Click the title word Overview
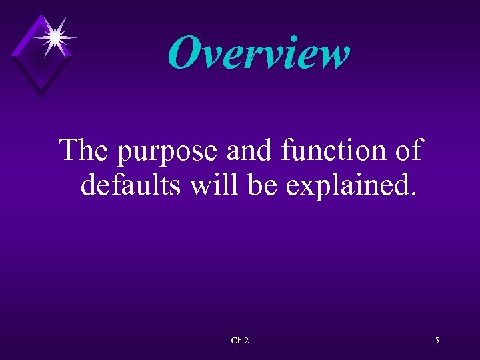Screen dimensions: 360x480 point(259,53)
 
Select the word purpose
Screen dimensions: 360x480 point(168,152)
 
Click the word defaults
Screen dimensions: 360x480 point(131,184)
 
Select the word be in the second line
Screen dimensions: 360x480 point(261,184)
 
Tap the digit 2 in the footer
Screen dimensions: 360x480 point(246,341)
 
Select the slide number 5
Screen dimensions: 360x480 point(437,341)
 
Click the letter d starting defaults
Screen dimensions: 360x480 point(89,184)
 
